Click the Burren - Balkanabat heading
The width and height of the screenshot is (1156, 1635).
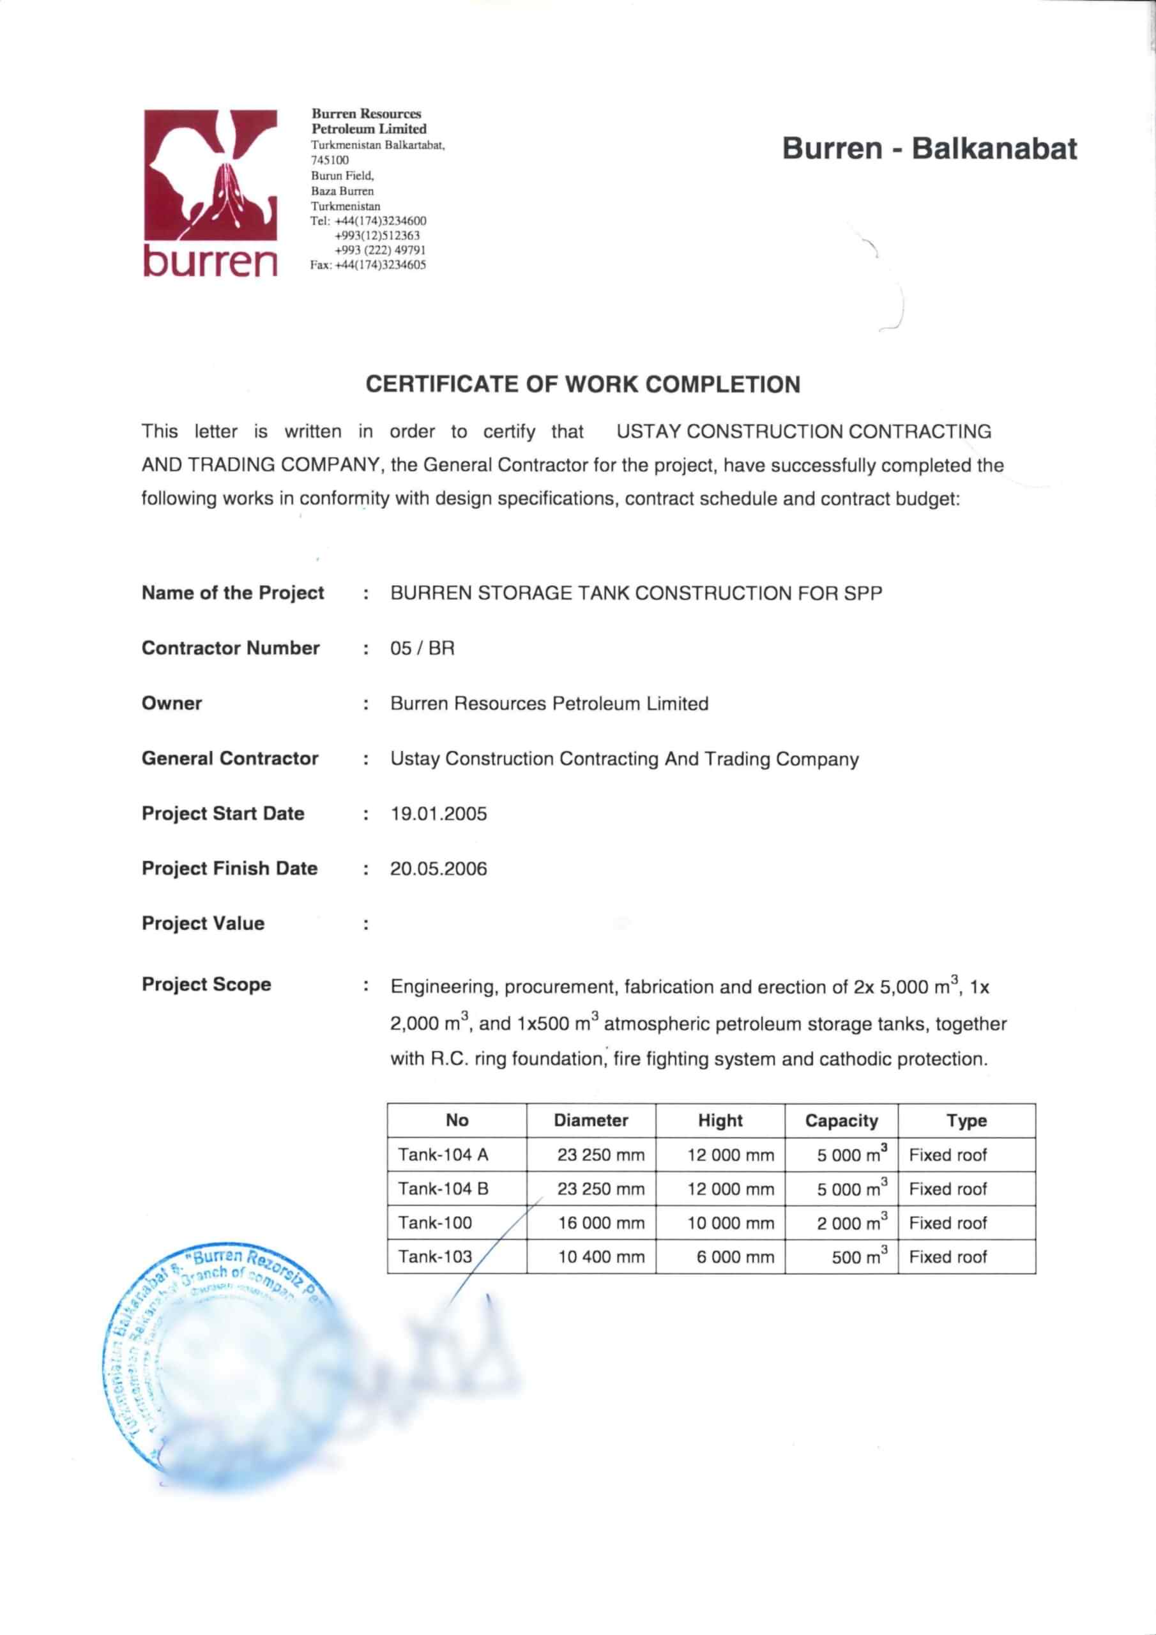click(929, 149)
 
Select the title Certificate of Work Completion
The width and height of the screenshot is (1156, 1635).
click(582, 384)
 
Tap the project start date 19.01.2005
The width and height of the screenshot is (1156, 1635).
click(438, 813)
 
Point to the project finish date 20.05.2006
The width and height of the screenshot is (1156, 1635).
click(438, 869)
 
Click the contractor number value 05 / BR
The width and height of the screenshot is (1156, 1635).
click(422, 648)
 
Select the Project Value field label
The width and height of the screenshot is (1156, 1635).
click(203, 924)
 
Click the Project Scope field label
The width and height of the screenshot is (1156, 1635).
click(206, 985)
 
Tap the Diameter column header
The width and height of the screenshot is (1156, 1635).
click(591, 1121)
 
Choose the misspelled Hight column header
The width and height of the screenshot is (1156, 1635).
click(720, 1121)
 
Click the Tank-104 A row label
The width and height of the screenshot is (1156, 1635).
click(443, 1155)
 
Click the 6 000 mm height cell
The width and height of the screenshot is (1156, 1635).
click(734, 1258)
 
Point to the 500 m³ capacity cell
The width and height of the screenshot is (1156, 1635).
click(859, 1257)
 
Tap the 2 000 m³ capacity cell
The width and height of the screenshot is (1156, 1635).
click(851, 1222)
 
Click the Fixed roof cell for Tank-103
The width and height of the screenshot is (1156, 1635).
click(947, 1258)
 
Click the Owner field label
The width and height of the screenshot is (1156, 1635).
click(172, 704)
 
